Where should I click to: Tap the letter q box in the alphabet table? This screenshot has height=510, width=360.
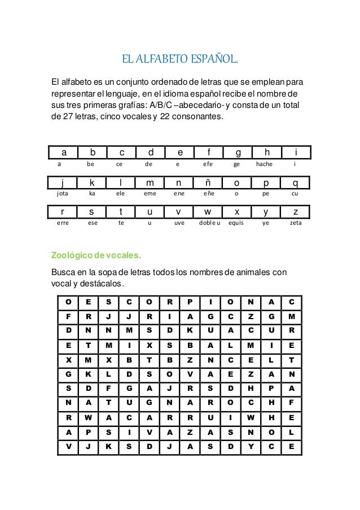coord(295,183)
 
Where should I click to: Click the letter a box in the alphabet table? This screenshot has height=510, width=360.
coord(64,152)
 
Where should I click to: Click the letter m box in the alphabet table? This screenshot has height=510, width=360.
coord(150,183)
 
